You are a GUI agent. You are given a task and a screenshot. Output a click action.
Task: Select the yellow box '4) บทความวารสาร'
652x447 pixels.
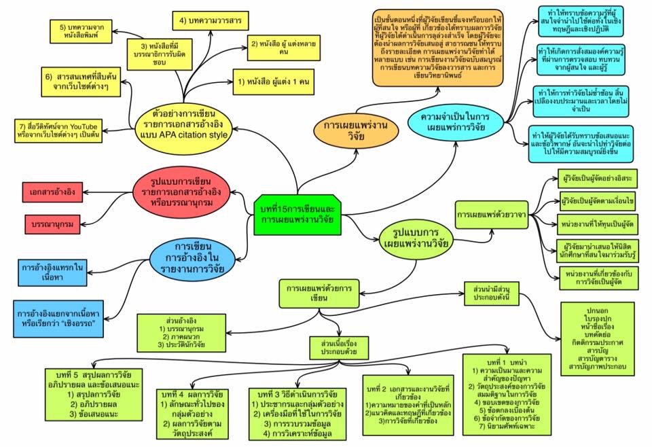(202, 21)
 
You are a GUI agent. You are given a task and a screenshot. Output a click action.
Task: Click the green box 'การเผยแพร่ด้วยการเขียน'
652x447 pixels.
(319, 293)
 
